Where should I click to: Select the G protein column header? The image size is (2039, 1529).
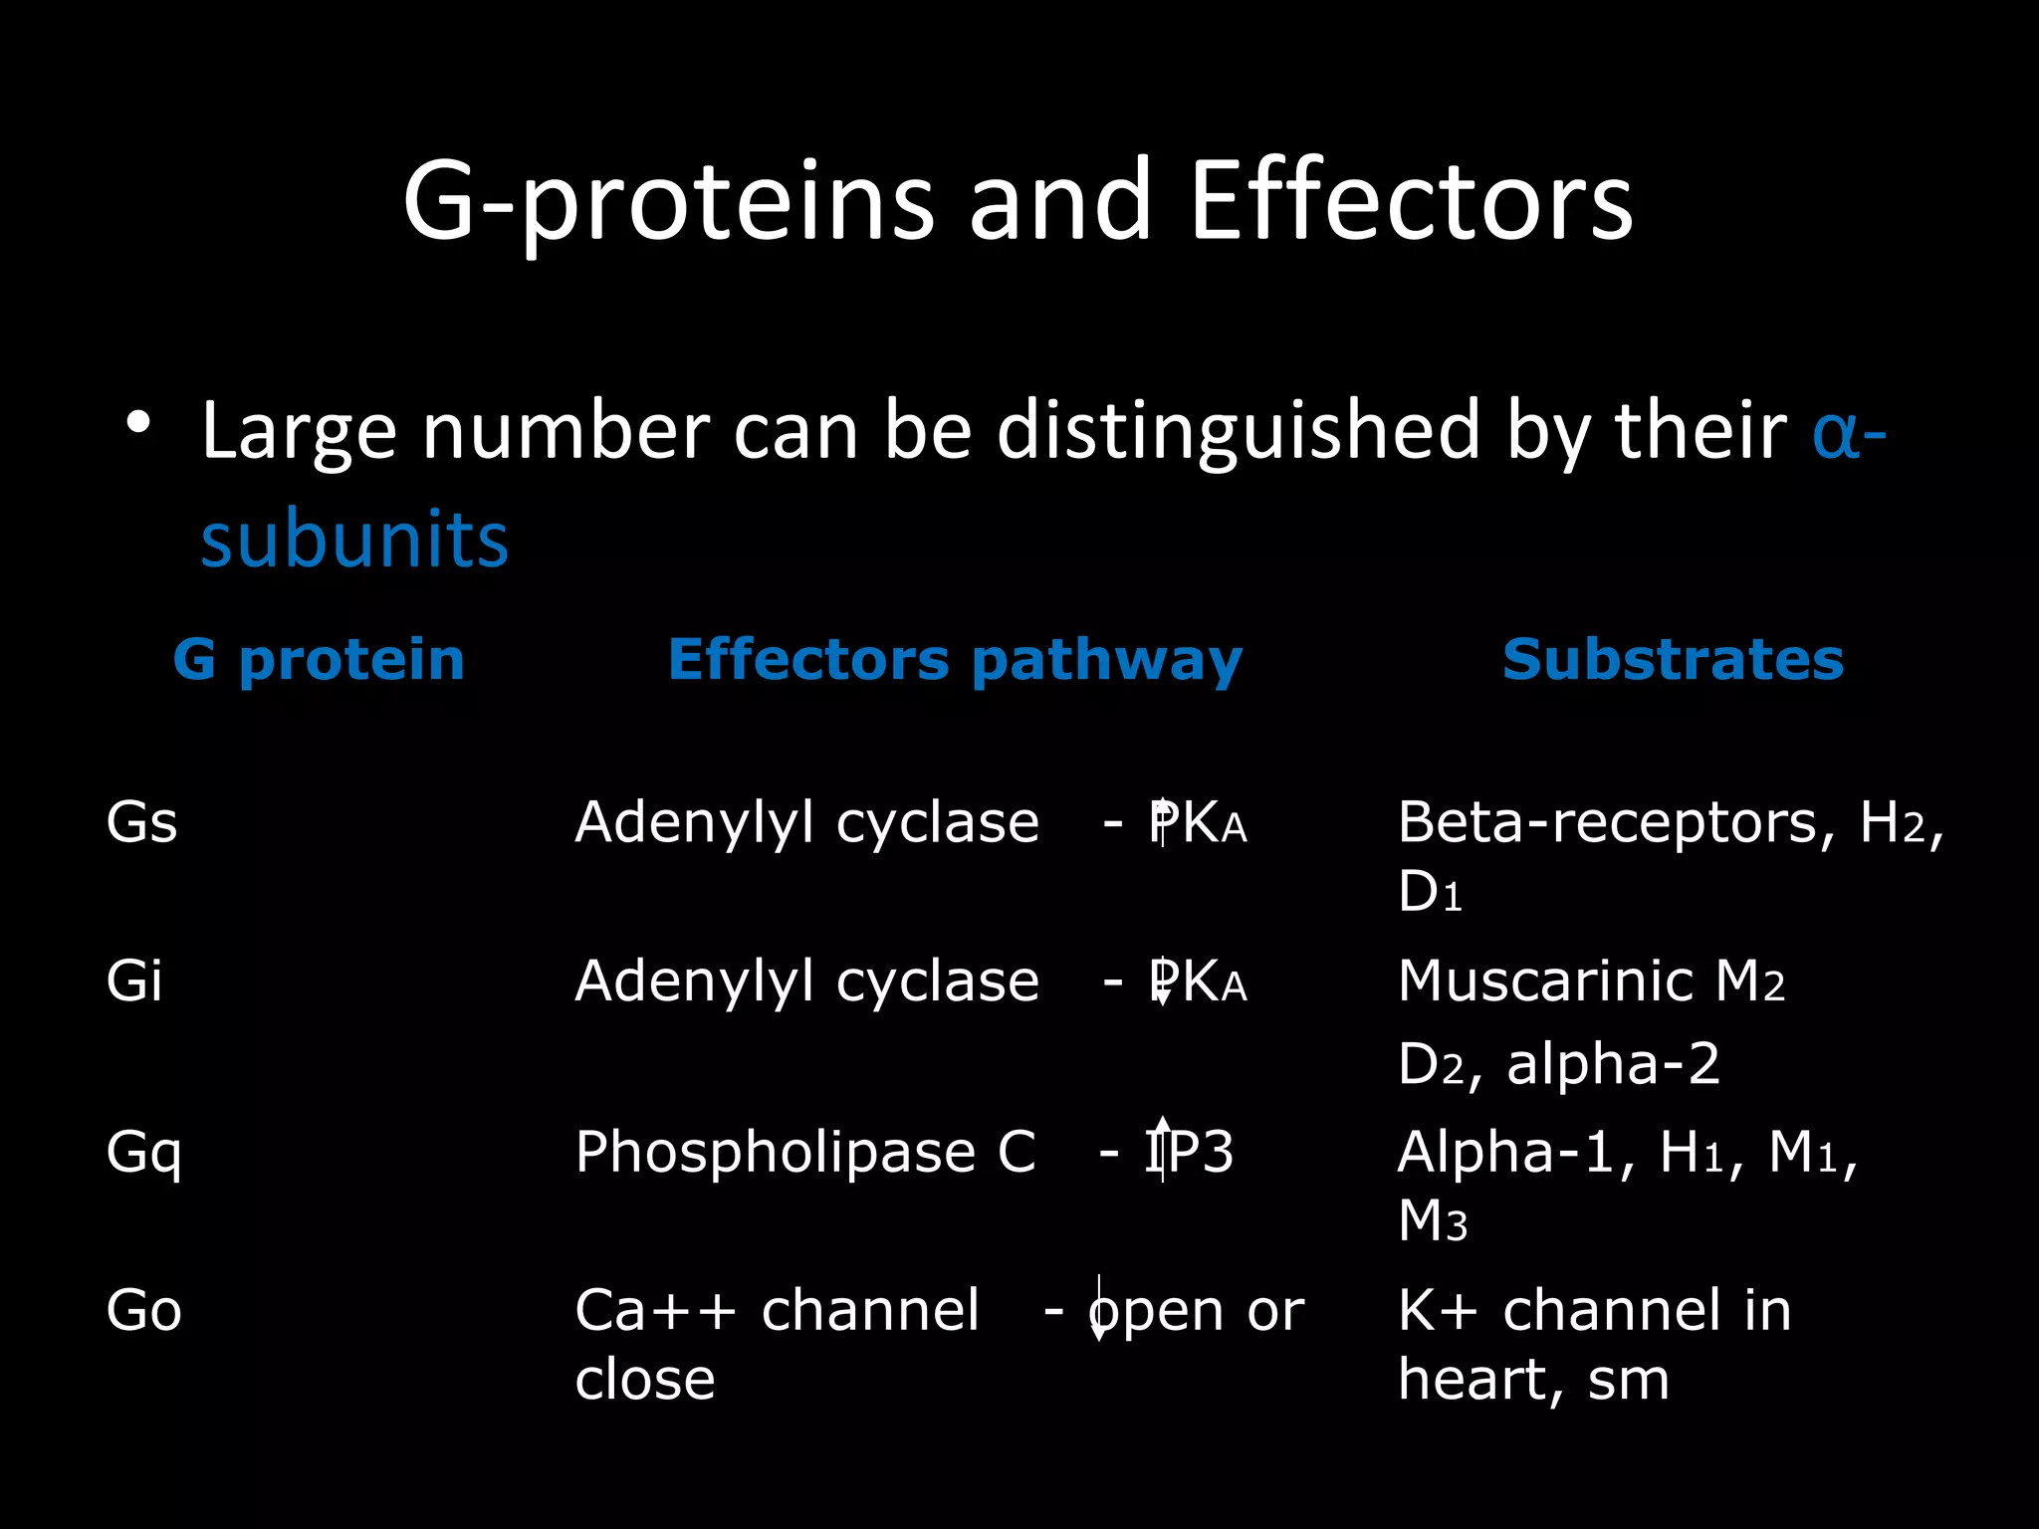click(x=319, y=659)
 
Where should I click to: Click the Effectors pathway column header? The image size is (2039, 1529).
click(x=955, y=659)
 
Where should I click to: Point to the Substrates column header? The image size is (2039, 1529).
click(x=1673, y=659)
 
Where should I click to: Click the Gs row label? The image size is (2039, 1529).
click(x=141, y=823)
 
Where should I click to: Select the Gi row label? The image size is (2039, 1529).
click(x=134, y=981)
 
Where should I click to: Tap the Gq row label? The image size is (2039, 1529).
click(x=144, y=1153)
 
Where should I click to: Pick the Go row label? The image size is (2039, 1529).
click(x=144, y=1310)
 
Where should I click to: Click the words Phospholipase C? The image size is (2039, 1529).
click(x=805, y=1153)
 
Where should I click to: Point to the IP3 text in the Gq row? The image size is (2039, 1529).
click(x=1189, y=1153)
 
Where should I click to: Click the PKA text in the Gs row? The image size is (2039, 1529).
click(x=1198, y=823)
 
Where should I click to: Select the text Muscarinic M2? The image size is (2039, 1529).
click(x=1590, y=982)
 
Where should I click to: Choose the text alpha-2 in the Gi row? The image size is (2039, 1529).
click(x=1613, y=1063)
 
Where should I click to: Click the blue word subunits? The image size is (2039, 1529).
click(x=354, y=539)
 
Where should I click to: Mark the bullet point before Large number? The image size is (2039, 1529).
click(x=138, y=423)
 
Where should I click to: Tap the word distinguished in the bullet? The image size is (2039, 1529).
click(x=1239, y=431)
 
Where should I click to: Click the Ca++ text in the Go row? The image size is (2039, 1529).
click(x=656, y=1310)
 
